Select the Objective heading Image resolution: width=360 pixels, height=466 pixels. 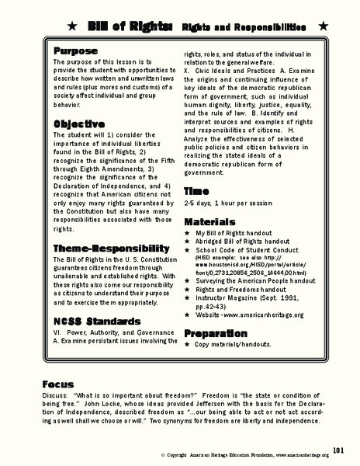point(79,124)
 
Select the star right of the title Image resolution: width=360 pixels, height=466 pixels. point(323,27)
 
